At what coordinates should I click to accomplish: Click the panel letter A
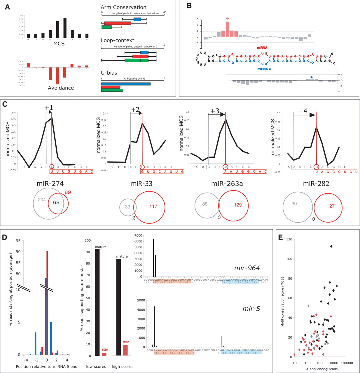point(8,7)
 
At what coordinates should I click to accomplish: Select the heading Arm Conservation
point(123,7)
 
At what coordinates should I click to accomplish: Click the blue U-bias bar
point(126,84)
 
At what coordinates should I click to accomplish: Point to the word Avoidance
point(61,88)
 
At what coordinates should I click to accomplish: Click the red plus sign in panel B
point(227,19)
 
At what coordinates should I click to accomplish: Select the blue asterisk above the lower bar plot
point(312,78)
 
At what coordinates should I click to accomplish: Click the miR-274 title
point(50,183)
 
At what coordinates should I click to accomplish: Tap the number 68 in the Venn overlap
point(56,202)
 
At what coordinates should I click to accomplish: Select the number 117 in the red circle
point(153,206)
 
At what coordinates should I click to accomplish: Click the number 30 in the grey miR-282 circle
point(294,204)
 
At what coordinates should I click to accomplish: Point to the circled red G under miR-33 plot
point(142,167)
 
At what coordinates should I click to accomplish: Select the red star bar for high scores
point(125,350)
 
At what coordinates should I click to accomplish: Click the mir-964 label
point(247,268)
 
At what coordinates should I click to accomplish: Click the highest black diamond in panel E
point(331,247)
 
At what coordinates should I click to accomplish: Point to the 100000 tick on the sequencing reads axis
point(347,363)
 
